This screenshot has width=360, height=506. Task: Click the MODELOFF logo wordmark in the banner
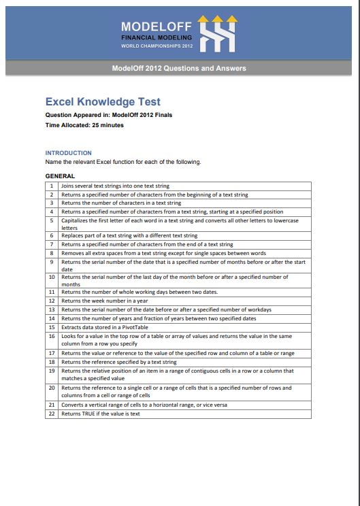pos(157,25)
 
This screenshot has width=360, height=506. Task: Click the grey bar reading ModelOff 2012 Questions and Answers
pos(180,68)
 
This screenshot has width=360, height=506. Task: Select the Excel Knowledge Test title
pos(103,102)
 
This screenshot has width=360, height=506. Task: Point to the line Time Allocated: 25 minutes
pos(84,125)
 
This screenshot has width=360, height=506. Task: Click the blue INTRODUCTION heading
pos(68,153)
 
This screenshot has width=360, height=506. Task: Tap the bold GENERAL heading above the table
pos(60,176)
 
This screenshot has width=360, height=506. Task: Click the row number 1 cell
pos(52,186)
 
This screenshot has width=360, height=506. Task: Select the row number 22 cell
pos(52,414)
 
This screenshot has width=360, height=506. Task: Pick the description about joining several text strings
pos(116,186)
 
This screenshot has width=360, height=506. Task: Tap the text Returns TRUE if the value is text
pos(101,414)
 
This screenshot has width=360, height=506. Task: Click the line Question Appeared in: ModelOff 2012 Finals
pos(109,115)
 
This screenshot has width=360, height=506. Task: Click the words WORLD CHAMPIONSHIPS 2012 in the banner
pos(157,45)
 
